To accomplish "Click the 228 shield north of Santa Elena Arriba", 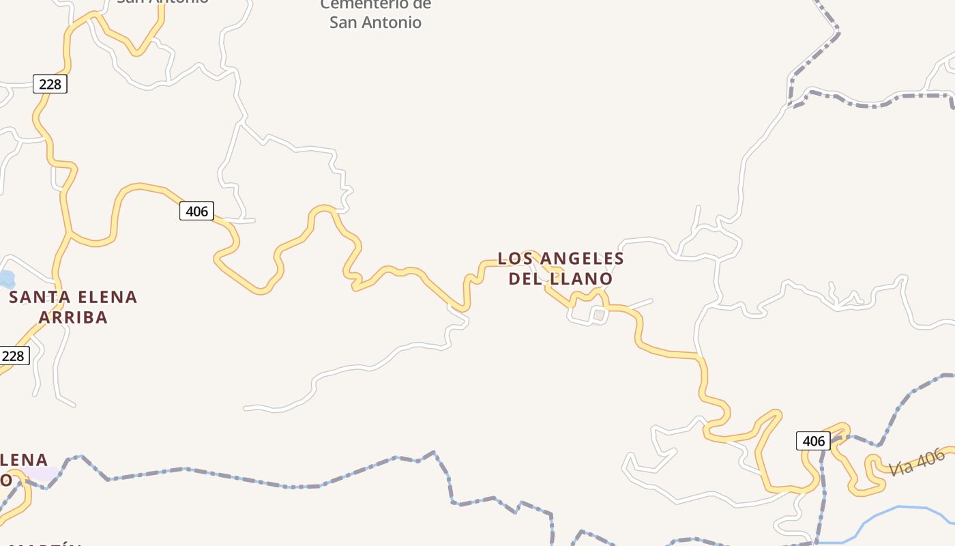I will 50,84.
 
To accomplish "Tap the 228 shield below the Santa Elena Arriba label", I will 14,356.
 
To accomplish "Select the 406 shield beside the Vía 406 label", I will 813,441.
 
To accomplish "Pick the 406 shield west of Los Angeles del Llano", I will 196,211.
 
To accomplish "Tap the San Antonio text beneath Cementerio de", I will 375,23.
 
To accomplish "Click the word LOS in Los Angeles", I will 514,259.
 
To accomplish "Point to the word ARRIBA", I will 73,317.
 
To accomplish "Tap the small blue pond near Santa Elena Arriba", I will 5,279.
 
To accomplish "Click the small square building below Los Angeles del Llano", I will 599,315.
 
